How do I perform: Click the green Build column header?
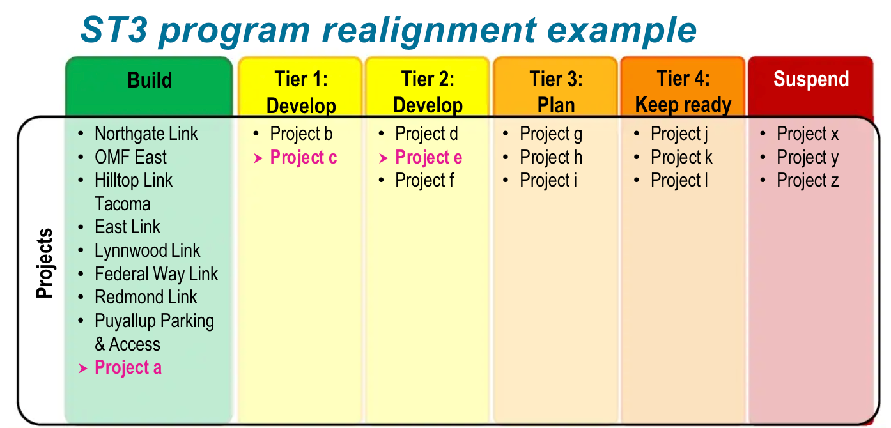coord(150,80)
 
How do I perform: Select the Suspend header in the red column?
coord(810,79)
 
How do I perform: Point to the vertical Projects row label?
coord(44,263)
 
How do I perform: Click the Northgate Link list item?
coord(146,134)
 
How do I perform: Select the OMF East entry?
coord(130,157)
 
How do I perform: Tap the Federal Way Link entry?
coord(156,274)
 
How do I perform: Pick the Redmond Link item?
coord(146,298)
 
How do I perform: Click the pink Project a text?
coord(128,368)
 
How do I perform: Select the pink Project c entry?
coord(303,157)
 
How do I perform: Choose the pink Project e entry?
coord(428,157)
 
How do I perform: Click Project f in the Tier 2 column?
coord(424,181)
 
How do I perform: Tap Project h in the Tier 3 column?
coord(551,157)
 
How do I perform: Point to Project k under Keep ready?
coord(681,157)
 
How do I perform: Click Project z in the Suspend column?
coord(807,181)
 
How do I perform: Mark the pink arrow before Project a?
coord(82,369)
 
